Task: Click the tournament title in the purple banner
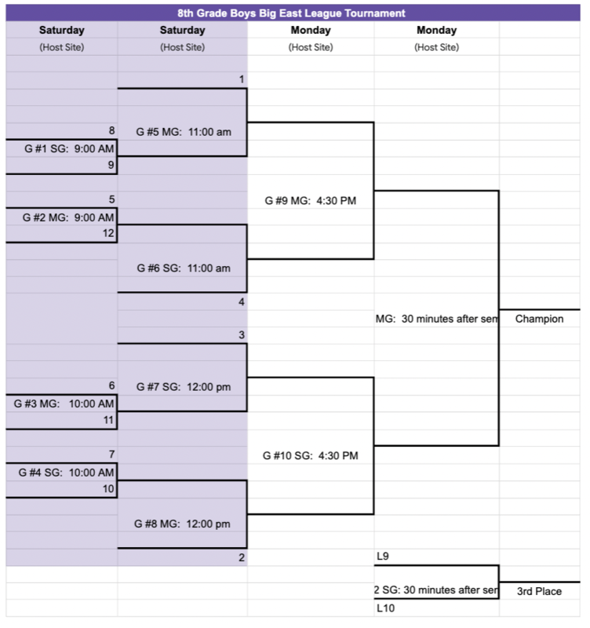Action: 291,13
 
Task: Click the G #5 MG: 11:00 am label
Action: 184,132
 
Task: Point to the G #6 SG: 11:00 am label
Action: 184,268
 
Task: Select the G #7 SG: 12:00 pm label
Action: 184,387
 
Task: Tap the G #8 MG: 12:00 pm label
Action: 184,524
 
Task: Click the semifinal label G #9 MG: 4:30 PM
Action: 311,200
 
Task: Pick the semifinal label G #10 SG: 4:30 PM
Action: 311,455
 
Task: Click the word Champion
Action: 539,319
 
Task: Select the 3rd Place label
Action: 539,591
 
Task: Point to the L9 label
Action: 383,557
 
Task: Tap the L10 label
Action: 385,608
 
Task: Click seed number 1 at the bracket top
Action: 242,79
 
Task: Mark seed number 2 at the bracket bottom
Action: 242,557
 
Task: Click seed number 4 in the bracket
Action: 242,301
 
